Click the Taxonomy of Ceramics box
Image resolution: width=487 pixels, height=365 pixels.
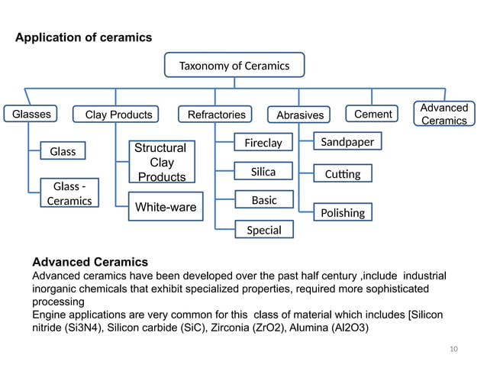(x=234, y=65)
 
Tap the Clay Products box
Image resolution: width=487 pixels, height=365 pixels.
(x=118, y=115)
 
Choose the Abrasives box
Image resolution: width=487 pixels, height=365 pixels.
(x=299, y=115)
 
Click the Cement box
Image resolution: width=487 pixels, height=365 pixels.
(x=373, y=115)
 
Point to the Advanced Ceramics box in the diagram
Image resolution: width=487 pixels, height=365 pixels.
(x=443, y=115)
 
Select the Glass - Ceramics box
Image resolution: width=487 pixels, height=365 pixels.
(x=69, y=194)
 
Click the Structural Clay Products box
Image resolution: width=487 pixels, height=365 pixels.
(x=160, y=162)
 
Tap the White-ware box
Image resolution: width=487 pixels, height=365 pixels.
(x=166, y=207)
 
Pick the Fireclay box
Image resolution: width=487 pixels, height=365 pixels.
(x=263, y=143)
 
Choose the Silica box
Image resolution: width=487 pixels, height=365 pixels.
(x=263, y=172)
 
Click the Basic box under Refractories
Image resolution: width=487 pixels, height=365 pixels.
(x=263, y=200)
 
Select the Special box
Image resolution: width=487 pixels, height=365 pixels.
(x=263, y=230)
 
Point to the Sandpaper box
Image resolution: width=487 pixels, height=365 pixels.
(x=347, y=143)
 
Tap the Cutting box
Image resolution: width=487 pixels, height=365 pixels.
(x=342, y=175)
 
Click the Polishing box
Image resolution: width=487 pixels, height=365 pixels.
(x=343, y=212)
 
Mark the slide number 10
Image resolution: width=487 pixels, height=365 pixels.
(x=454, y=349)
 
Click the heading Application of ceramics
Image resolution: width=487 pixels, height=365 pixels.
(x=84, y=37)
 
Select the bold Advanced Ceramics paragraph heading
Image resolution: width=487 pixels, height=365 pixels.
(x=90, y=262)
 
